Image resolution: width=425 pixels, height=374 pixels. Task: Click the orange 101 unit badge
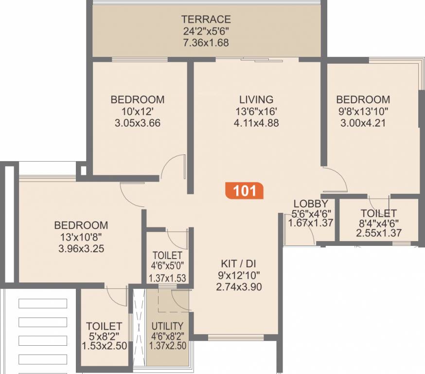[x=245, y=190]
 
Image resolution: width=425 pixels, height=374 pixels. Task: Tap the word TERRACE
[x=206, y=20]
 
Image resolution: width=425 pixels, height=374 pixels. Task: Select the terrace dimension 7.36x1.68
[x=206, y=43]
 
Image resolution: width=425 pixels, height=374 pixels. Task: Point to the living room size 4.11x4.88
[x=256, y=123]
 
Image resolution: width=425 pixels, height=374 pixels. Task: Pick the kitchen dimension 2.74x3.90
[x=239, y=287]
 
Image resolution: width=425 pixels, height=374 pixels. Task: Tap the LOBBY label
[x=311, y=204]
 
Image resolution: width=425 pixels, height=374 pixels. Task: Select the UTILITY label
[x=167, y=326]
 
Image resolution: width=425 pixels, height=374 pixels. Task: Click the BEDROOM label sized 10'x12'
[x=138, y=99]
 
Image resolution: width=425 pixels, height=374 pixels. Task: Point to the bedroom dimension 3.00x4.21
[x=363, y=123]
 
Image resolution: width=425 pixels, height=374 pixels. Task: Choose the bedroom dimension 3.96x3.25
[x=81, y=248]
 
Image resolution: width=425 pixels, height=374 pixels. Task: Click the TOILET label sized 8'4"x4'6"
[x=378, y=213]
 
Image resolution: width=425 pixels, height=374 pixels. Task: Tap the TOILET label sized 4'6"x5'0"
[x=167, y=256]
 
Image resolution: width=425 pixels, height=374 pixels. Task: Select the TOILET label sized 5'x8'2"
[x=104, y=326]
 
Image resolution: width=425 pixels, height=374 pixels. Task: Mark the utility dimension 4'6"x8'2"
[x=167, y=336]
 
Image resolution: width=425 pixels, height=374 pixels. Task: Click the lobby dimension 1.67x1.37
[x=311, y=223]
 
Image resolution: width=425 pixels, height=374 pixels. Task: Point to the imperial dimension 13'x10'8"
[x=81, y=237]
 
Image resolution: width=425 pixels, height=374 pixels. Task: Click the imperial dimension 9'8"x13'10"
[x=363, y=111]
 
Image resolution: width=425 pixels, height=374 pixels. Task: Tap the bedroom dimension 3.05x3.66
[x=138, y=123]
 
